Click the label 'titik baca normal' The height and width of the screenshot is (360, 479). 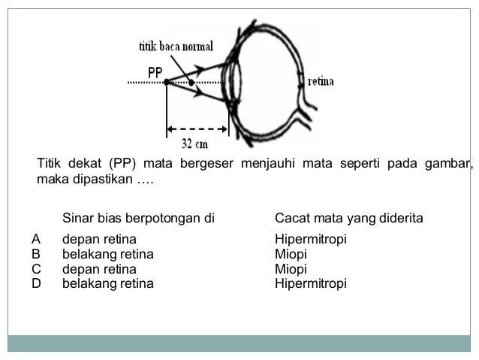(x=176, y=45)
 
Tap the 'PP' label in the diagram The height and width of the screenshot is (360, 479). (x=155, y=72)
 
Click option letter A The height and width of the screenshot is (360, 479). (x=36, y=239)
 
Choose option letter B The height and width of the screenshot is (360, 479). (x=36, y=254)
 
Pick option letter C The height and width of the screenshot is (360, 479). (x=36, y=268)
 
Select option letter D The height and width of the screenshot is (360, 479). (x=36, y=283)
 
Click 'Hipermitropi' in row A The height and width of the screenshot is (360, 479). (x=311, y=240)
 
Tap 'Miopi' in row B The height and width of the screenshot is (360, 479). (x=291, y=254)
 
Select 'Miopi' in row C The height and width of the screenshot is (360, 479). (x=291, y=268)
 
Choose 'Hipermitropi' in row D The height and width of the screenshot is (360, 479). (x=311, y=283)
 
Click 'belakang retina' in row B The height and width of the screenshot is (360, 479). (x=107, y=254)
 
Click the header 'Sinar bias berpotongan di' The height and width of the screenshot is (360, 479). (x=138, y=218)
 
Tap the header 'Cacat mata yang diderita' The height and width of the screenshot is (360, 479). (x=349, y=218)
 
